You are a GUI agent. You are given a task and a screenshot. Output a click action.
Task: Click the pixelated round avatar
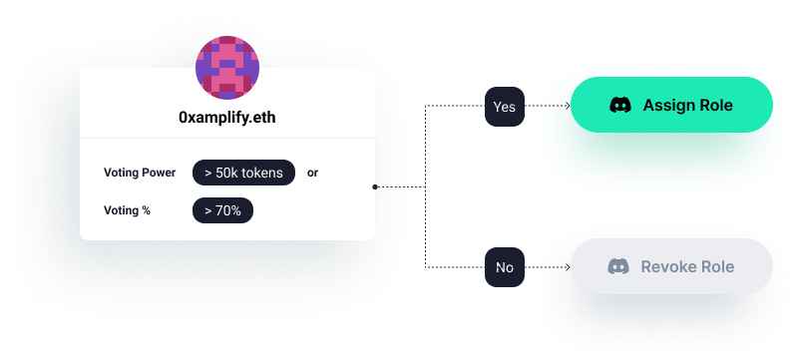click(226, 69)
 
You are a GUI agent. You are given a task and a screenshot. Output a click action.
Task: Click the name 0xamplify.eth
click(226, 116)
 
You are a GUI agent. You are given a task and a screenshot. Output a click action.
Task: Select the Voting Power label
click(140, 173)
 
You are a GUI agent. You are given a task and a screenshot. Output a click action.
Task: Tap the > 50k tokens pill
click(243, 173)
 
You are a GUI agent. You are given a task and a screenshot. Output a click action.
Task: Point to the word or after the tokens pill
click(312, 173)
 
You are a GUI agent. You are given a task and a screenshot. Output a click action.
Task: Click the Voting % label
click(127, 210)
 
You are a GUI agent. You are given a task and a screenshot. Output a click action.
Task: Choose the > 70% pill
click(222, 210)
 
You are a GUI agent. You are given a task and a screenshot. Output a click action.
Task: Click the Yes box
click(505, 107)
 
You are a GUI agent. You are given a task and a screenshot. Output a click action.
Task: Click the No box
click(505, 267)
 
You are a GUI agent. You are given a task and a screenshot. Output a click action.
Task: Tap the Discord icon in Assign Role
click(619, 106)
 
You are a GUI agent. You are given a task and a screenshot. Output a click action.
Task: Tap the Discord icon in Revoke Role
click(618, 266)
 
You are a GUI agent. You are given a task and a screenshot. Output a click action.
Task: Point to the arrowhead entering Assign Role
click(566, 106)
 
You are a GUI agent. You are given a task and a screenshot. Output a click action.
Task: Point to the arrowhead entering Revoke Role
click(566, 266)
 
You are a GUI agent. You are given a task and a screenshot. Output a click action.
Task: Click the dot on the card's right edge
click(374, 186)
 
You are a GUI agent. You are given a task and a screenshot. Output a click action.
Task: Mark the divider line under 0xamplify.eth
click(226, 138)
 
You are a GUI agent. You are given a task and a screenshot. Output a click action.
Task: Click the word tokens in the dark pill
click(261, 173)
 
